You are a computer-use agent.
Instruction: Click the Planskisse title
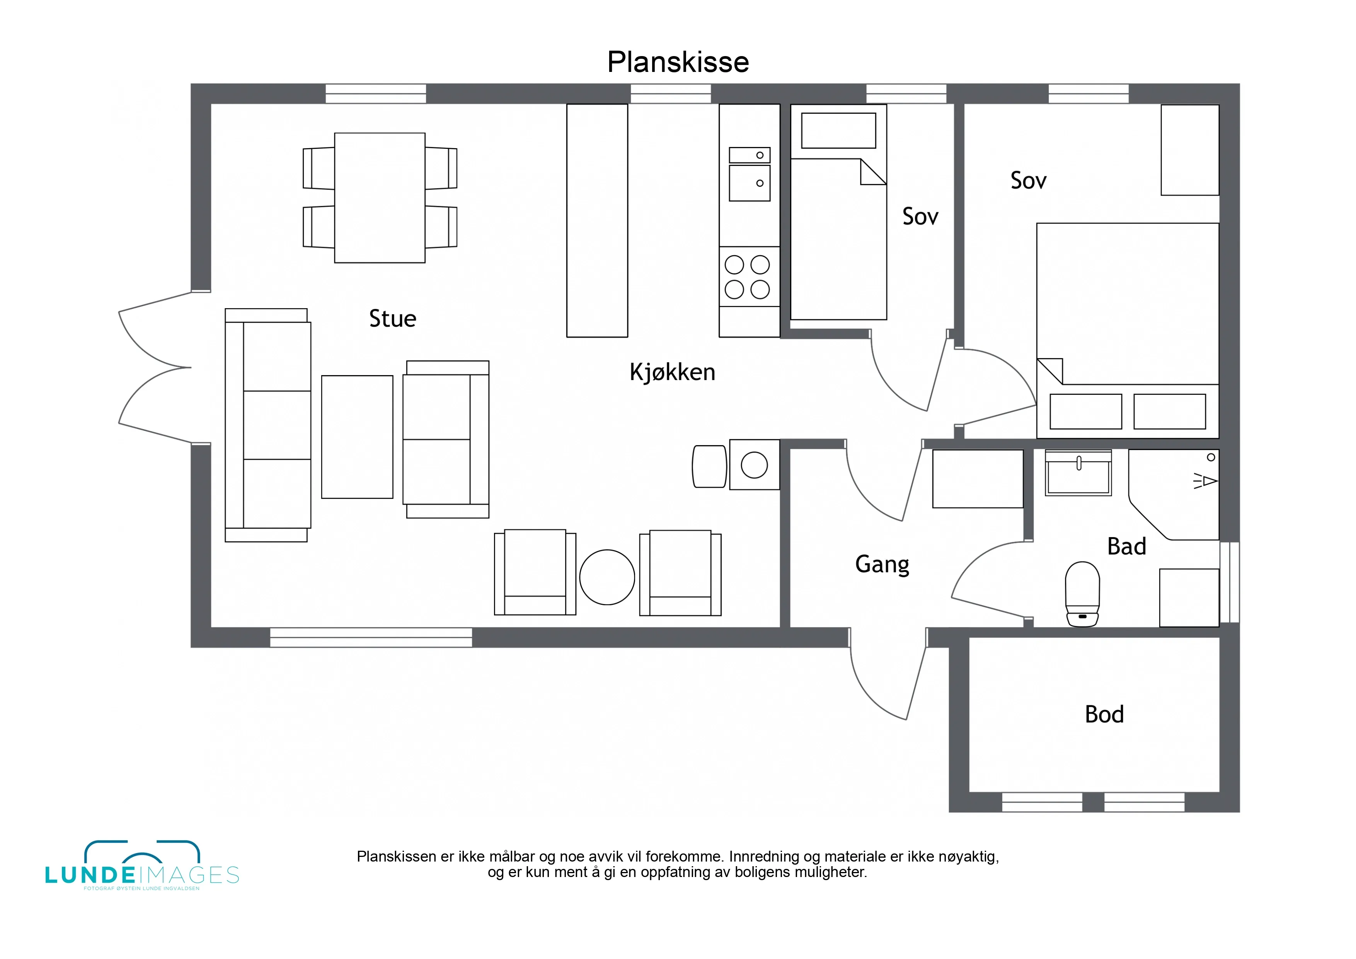(678, 62)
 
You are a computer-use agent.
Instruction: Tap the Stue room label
(393, 319)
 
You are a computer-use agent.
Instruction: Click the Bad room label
(1127, 546)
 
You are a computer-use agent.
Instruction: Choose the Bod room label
(1104, 714)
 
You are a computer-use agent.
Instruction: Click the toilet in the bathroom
(1083, 594)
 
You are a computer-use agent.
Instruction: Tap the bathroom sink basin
(1078, 473)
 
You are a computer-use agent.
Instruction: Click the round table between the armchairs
(607, 577)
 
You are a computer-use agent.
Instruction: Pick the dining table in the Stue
(380, 198)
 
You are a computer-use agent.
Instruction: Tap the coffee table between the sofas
(357, 437)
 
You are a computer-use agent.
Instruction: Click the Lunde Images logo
(142, 866)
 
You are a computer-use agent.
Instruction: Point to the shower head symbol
(1205, 481)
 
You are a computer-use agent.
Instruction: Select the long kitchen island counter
(597, 221)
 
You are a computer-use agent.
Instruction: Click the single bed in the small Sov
(839, 212)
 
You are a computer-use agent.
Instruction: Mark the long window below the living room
(371, 638)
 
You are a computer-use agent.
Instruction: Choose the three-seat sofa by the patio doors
(268, 425)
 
